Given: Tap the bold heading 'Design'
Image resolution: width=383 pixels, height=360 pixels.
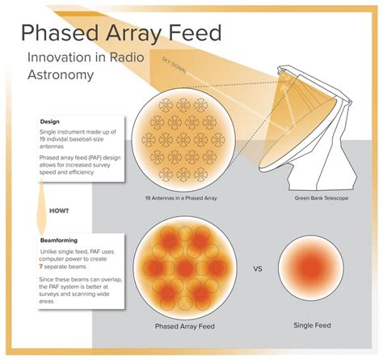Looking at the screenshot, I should pos(49,122).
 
